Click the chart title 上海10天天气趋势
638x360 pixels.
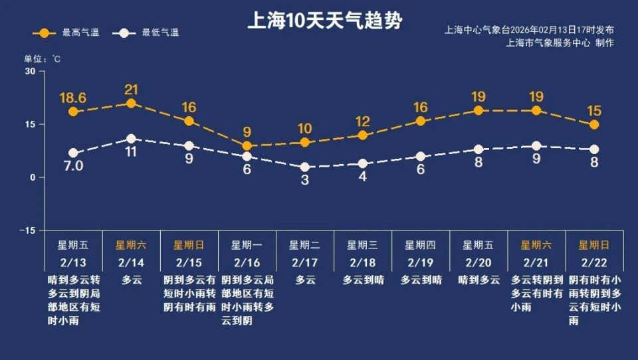click(x=324, y=21)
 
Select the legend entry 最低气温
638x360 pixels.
click(x=148, y=33)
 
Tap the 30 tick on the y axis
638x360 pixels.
click(x=30, y=71)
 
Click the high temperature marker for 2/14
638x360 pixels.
click(x=131, y=103)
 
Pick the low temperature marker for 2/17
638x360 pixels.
click(x=304, y=167)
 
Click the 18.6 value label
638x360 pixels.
click(x=73, y=98)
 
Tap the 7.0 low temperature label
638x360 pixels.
click(x=73, y=166)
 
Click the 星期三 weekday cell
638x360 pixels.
click(x=362, y=244)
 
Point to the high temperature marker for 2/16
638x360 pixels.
click(x=247, y=145)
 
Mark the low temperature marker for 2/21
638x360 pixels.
click(x=536, y=146)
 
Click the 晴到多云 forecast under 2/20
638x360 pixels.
click(x=478, y=280)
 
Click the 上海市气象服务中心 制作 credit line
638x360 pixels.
click(x=560, y=43)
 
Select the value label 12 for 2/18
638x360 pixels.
click(x=362, y=122)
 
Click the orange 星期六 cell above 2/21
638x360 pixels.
click(x=536, y=244)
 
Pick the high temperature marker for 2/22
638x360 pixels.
click(x=594, y=125)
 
